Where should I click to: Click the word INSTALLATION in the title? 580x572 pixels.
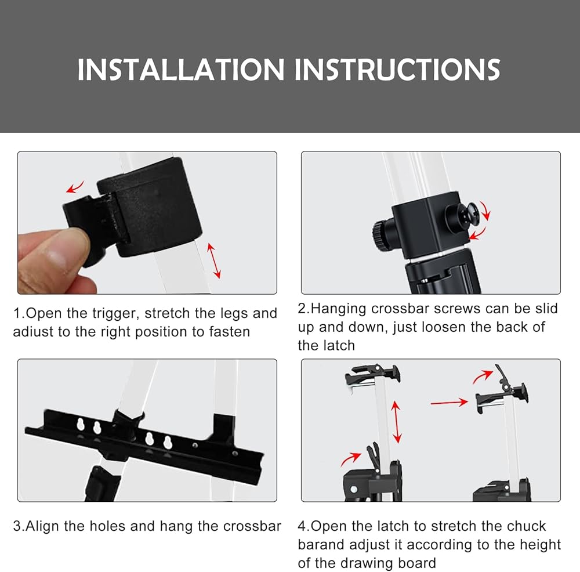coord(181,70)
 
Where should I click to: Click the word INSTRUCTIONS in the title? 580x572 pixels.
coord(397,70)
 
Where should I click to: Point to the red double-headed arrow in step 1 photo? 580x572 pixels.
coord(214,260)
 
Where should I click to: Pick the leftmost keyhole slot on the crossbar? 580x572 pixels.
coord(80,425)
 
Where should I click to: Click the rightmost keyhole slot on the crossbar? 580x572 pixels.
coord(168,442)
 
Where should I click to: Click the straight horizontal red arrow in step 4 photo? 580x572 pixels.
coord(449,402)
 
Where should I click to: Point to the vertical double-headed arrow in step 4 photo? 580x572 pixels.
coord(396,422)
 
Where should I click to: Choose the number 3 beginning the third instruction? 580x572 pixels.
coord(17,526)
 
